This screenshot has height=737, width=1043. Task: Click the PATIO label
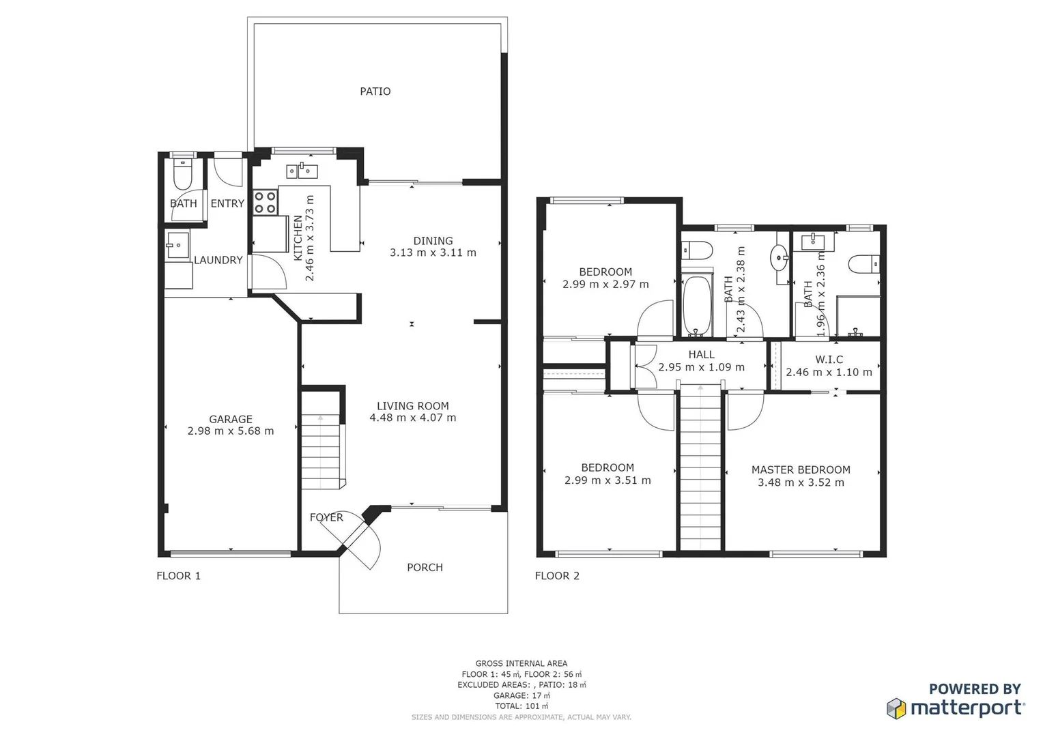[x=375, y=91]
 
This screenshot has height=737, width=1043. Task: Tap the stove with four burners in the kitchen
[x=266, y=202]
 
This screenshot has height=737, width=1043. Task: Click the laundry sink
[x=177, y=245]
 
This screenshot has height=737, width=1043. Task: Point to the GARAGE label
[x=230, y=419]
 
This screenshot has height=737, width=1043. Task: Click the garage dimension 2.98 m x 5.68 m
[x=230, y=431]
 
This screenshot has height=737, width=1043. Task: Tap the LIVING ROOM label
[x=412, y=406]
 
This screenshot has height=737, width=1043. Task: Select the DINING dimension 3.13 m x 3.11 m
[x=433, y=252]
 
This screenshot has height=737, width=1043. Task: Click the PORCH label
[x=425, y=568]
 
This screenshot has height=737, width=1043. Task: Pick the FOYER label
[x=326, y=517]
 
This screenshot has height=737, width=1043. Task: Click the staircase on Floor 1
[x=321, y=450]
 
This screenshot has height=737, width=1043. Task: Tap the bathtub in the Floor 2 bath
[x=697, y=305]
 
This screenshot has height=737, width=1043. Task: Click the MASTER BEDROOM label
[x=801, y=470]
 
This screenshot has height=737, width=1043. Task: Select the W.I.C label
[x=829, y=360]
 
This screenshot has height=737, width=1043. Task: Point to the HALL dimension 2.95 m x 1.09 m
[x=701, y=367]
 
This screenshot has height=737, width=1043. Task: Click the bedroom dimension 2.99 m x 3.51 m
[x=607, y=480]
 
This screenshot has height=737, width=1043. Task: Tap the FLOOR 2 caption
[x=557, y=576]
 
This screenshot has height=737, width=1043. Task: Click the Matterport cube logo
[x=896, y=708]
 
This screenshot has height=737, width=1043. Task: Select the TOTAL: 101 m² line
[x=521, y=706]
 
